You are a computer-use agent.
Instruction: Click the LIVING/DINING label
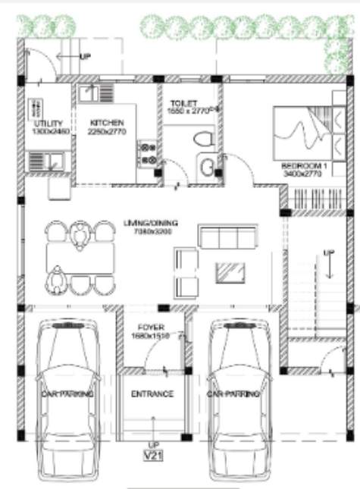[151, 223]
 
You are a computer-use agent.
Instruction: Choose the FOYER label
[140, 328]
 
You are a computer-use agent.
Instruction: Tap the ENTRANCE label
[152, 394]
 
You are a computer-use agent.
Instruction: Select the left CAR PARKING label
[67, 394]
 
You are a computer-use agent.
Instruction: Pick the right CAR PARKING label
[233, 394]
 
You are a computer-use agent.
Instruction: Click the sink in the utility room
[45, 161]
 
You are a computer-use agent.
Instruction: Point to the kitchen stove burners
[147, 152]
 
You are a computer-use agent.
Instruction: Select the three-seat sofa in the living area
[224, 237]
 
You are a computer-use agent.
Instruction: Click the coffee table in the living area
[230, 271]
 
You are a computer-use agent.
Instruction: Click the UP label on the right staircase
[327, 252]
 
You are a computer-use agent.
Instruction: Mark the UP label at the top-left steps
[85, 57]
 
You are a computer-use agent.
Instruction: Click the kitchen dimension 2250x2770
[106, 132]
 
